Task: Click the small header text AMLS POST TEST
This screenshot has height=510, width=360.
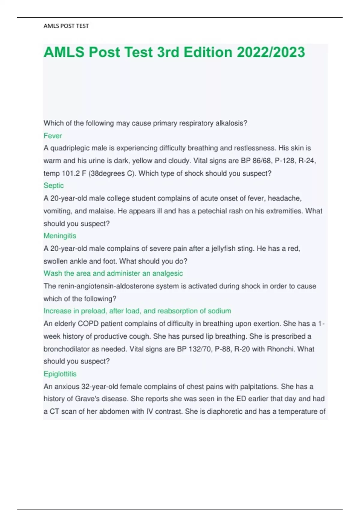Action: tap(66, 26)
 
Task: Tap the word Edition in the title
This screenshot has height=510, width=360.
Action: tap(208, 52)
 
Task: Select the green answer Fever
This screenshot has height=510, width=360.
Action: tap(53, 136)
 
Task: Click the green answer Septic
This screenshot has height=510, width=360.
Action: tap(54, 186)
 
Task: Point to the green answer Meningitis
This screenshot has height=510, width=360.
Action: tap(60, 236)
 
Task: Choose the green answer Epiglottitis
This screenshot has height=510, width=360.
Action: tap(60, 374)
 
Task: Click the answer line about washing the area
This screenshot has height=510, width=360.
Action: tap(113, 273)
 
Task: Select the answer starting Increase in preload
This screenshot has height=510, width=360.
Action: tap(137, 311)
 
